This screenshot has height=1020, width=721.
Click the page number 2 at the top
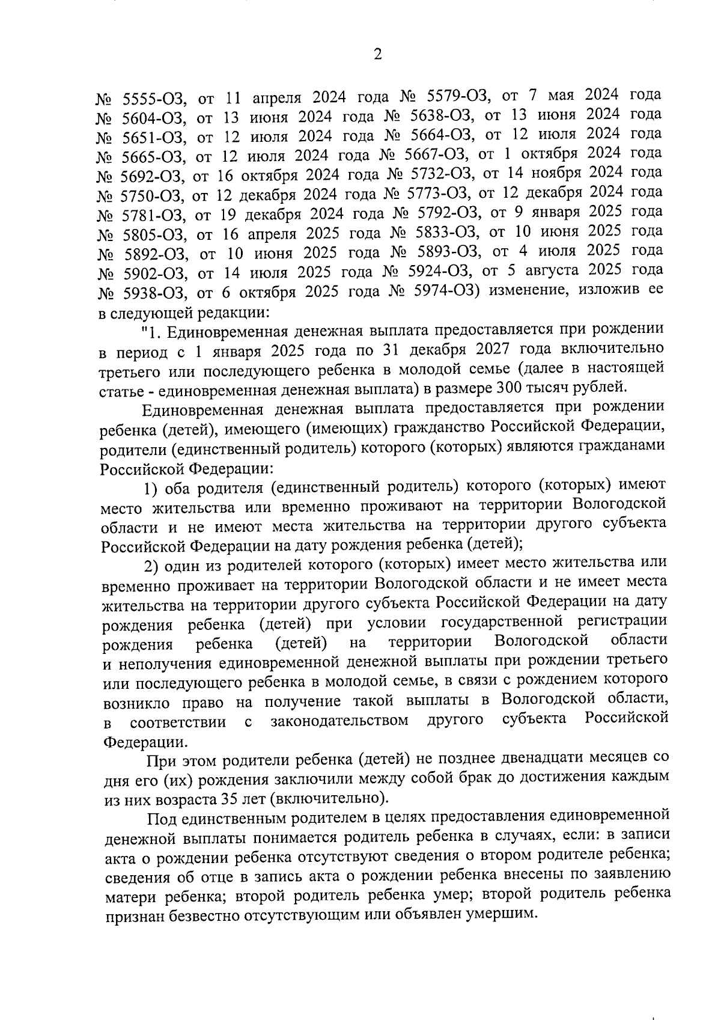point(377,55)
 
